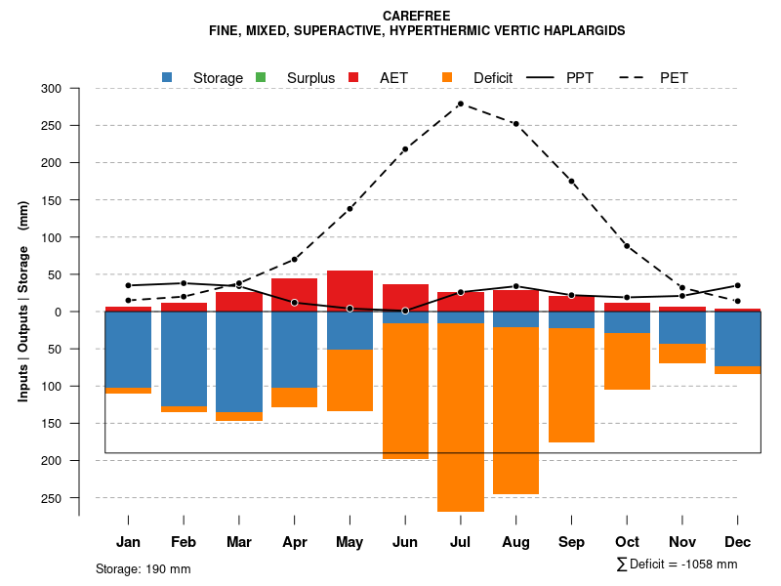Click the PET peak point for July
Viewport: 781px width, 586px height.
click(x=460, y=104)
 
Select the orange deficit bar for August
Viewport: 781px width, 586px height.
click(x=515, y=410)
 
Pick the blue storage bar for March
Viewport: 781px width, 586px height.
click(x=238, y=361)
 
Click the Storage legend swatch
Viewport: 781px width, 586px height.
click(x=168, y=77)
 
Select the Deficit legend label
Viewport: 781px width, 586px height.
click(x=493, y=78)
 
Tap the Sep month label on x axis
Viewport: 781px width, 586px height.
click(x=571, y=542)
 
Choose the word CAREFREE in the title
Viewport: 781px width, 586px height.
click(x=417, y=16)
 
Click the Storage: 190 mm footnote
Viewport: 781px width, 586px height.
click(x=143, y=568)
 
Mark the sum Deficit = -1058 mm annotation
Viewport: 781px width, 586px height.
click(x=677, y=564)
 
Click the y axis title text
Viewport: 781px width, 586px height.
click(x=23, y=311)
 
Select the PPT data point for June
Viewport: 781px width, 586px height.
click(x=405, y=311)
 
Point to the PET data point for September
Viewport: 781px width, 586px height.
click(x=571, y=182)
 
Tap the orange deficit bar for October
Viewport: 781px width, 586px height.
click(x=627, y=361)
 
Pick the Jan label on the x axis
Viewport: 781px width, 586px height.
click(x=128, y=542)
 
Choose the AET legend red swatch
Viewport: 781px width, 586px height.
click(x=354, y=77)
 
